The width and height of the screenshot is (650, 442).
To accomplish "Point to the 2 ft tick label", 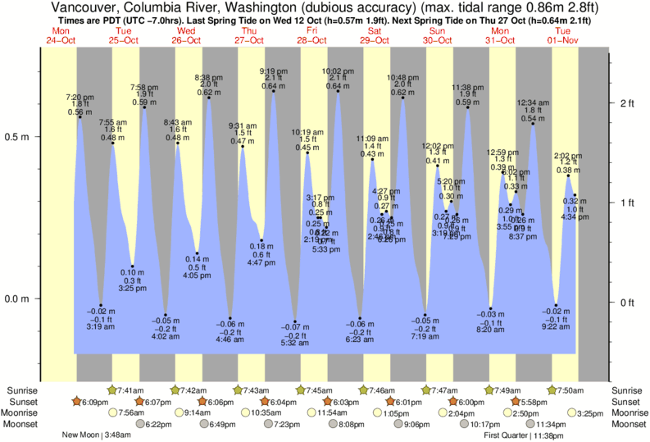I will [x=628, y=103].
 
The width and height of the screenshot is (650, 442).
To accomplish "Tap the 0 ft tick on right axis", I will [x=628, y=303].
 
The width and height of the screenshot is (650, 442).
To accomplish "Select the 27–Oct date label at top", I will [x=249, y=40].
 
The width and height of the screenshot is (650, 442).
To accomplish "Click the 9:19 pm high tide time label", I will [x=273, y=71].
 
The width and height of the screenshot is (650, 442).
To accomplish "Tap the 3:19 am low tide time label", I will [x=101, y=326].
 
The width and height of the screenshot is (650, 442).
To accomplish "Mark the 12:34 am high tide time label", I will [x=533, y=103].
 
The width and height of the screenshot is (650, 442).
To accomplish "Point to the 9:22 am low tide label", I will [x=556, y=326].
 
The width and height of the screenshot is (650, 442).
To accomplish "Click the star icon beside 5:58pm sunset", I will [x=516, y=402].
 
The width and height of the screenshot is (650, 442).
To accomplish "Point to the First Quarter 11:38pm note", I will [x=524, y=436].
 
